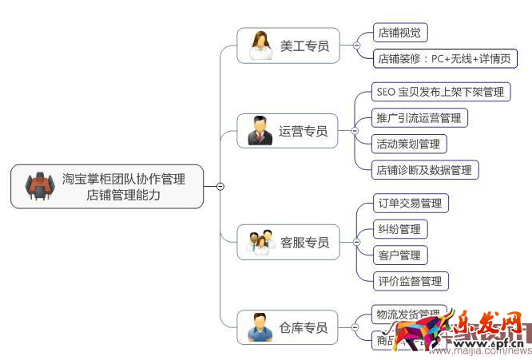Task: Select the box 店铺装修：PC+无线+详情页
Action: point(445,58)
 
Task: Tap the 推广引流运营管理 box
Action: point(419,118)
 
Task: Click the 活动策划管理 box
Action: point(409,144)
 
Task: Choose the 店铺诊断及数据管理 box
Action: point(425,169)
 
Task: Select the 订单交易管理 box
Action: point(410,204)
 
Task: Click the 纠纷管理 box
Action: point(399,229)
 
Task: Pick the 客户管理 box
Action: point(399,255)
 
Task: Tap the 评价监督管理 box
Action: point(410,280)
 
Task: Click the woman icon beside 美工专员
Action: point(260,45)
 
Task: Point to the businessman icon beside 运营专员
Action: point(260,131)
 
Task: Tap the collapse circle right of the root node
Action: point(220,187)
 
